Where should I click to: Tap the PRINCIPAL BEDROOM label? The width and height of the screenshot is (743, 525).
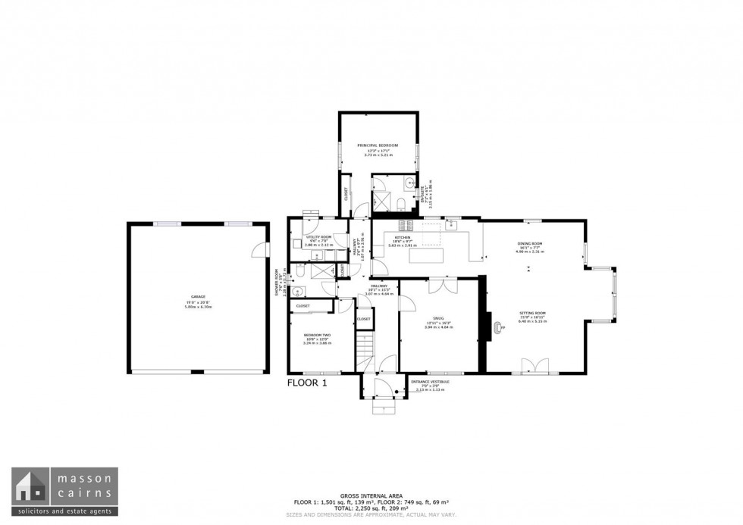click(377, 145)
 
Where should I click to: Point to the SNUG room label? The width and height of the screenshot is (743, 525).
click(439, 318)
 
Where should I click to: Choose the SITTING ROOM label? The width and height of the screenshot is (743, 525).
click(531, 312)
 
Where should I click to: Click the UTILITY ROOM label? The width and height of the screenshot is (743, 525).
click(318, 236)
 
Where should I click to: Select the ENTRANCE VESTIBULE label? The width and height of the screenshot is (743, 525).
click(430, 381)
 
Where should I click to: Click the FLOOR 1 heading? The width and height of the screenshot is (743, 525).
click(307, 383)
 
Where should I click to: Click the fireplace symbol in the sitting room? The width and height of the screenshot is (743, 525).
click(499, 327)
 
